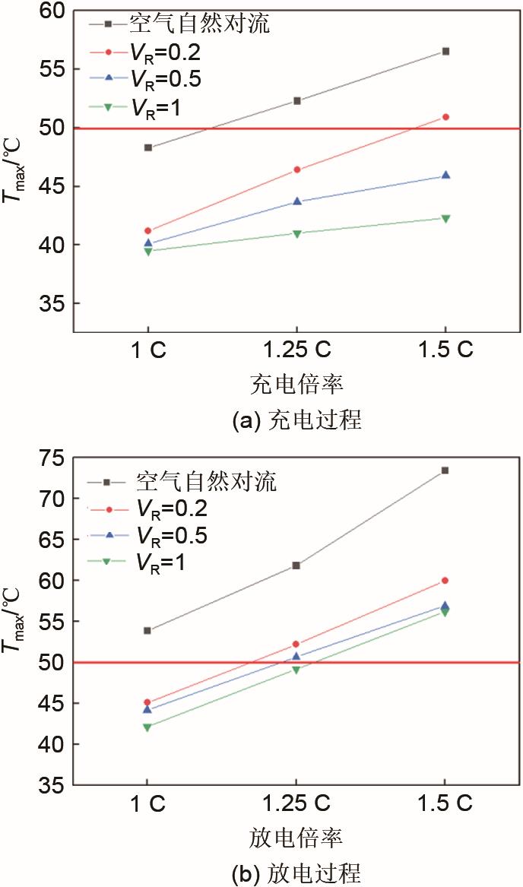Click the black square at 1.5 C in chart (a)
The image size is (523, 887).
click(445, 51)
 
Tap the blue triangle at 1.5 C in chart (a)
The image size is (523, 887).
click(445, 175)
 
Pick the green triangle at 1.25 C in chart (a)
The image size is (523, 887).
click(296, 233)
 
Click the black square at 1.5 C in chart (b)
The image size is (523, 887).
click(445, 470)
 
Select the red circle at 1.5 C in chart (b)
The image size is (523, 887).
click(445, 580)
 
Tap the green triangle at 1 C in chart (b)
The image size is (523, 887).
click(147, 727)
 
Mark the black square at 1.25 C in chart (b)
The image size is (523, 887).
click(296, 565)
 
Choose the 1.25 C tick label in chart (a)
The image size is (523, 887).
click(296, 350)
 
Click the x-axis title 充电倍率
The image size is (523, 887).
click(296, 385)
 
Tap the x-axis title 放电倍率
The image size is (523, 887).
click(296, 838)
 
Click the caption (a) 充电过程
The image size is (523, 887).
click(296, 420)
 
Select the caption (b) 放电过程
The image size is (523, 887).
click(296, 873)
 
